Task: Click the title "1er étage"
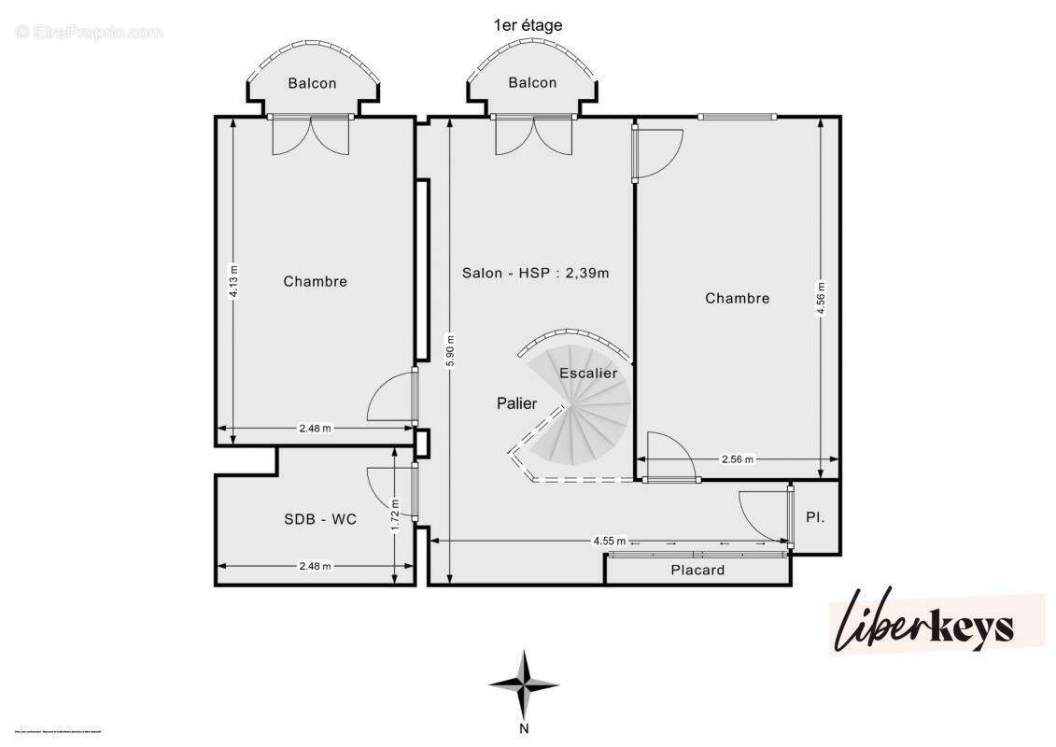pyautogui.click(x=528, y=25)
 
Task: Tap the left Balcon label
pyautogui.click(x=312, y=83)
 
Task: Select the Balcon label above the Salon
pyautogui.click(x=532, y=83)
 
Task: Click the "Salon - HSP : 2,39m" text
pyautogui.click(x=535, y=274)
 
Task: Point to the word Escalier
pyautogui.click(x=588, y=373)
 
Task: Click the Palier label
pyautogui.click(x=516, y=403)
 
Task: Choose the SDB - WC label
pyautogui.click(x=320, y=519)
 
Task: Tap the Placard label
pyautogui.click(x=697, y=570)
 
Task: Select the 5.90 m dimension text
pyautogui.click(x=450, y=350)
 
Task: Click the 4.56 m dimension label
pyautogui.click(x=821, y=299)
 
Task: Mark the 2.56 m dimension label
pyautogui.click(x=738, y=459)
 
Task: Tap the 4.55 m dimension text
pyautogui.click(x=609, y=541)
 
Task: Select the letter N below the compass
pyautogui.click(x=525, y=728)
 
